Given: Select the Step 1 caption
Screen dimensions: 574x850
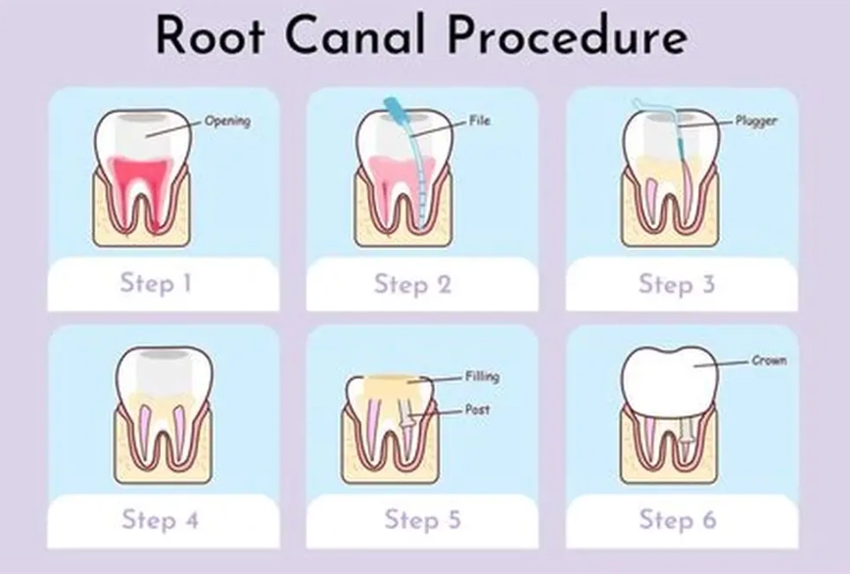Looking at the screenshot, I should (156, 284).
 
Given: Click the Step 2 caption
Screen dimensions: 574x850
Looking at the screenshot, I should (412, 285).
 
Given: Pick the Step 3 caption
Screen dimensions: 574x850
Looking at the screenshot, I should (677, 284).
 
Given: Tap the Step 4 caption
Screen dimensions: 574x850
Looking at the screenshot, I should (160, 519).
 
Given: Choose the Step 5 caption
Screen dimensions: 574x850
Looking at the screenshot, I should (422, 519).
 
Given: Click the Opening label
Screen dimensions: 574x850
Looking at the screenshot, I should (227, 121).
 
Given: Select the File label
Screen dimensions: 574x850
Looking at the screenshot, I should (479, 121).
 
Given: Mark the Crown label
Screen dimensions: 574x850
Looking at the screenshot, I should (769, 360).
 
